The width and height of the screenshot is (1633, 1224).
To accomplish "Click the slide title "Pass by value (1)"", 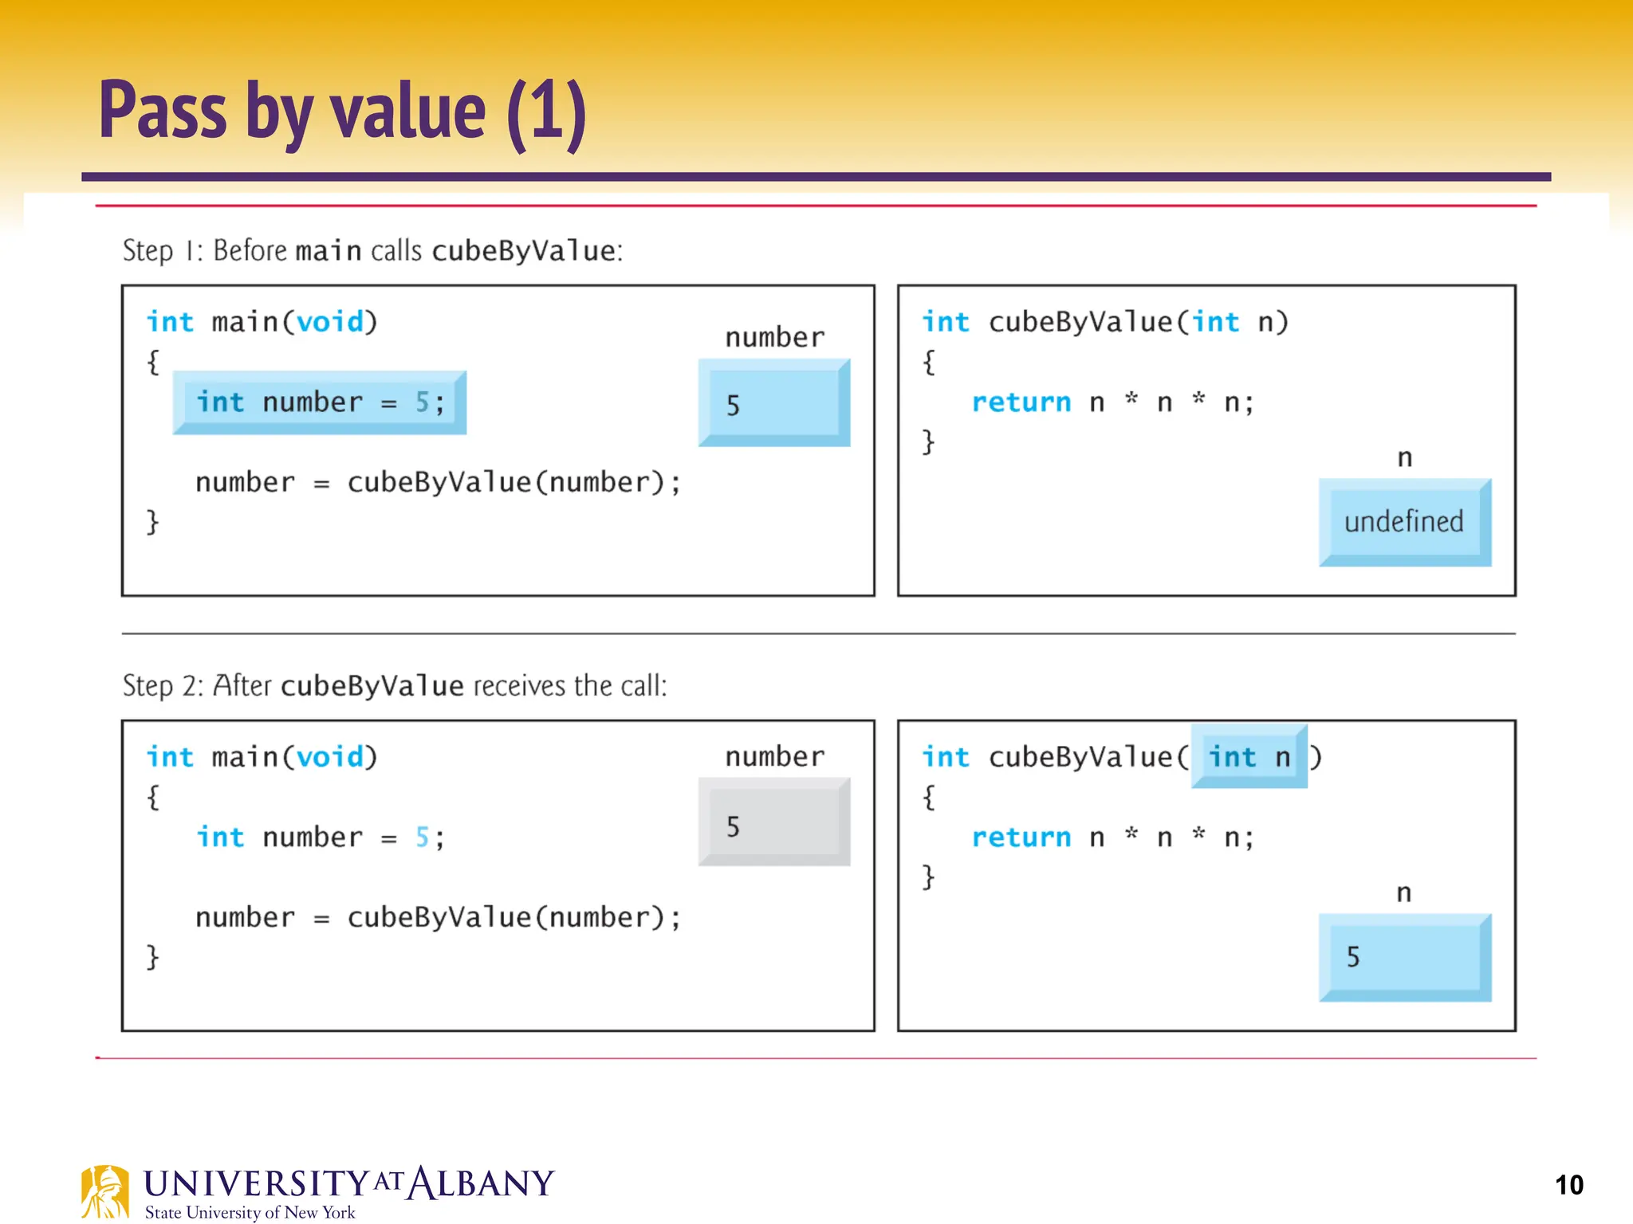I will (x=343, y=112).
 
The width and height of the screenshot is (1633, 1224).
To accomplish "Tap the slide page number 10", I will (x=1568, y=1185).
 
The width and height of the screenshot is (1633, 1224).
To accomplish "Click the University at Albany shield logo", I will (x=104, y=1192).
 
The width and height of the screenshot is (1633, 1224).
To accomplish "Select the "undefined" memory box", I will (x=1404, y=522).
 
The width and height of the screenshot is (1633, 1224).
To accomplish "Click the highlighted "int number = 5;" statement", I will (x=320, y=402).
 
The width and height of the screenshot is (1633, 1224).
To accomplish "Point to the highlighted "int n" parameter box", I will (x=1249, y=756).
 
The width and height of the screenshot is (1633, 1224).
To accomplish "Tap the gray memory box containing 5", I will (x=773, y=822).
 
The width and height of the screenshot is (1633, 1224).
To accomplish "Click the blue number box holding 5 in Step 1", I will (x=773, y=403).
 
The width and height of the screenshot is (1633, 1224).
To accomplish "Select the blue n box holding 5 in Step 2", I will (x=1404, y=957).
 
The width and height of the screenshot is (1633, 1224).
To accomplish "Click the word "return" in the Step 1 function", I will (x=1021, y=402).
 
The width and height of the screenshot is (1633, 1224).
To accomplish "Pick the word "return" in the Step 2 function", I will (x=1021, y=838).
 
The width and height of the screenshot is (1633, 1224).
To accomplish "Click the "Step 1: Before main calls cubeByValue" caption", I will (x=372, y=251).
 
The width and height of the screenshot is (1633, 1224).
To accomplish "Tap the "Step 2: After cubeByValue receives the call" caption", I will (x=395, y=686).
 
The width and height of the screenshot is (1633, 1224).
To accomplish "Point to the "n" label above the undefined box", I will (x=1404, y=458).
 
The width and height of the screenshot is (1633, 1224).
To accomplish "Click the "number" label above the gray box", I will (x=774, y=756).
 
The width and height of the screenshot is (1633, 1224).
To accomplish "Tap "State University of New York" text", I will (x=250, y=1213).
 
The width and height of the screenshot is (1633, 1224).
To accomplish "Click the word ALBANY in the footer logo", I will (x=481, y=1183).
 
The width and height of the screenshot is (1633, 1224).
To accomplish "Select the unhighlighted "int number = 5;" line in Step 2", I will (x=320, y=838).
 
